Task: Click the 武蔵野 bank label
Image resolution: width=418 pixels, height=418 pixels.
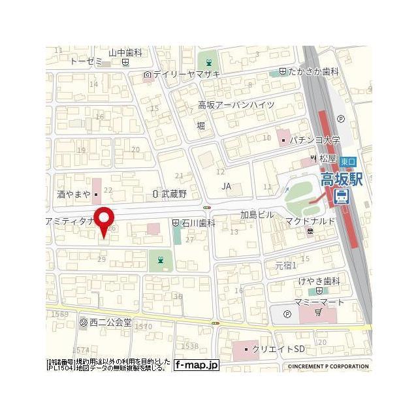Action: [173, 194]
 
